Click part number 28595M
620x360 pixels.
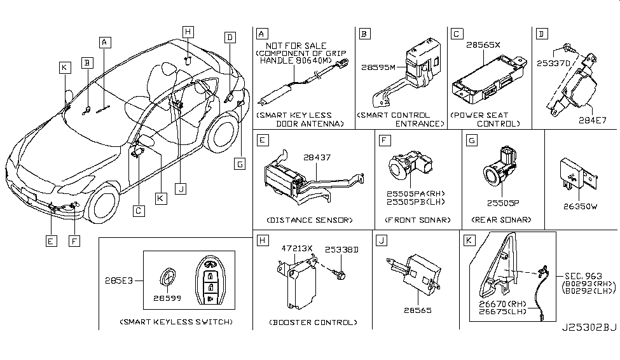[x=379, y=67]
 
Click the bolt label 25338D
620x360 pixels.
[x=343, y=250]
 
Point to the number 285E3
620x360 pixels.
[x=116, y=279]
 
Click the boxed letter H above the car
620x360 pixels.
[x=187, y=31]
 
